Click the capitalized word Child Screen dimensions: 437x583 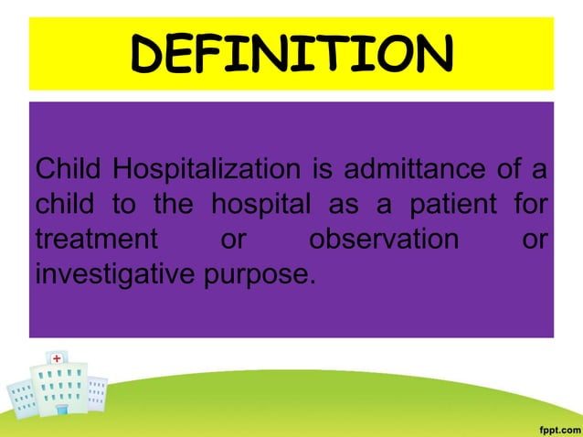pyautogui.click(x=67, y=170)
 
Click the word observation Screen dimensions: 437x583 pyautogui.click(x=383, y=240)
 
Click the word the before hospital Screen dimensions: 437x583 pyautogui.click(x=173, y=205)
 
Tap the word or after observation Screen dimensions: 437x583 pyautogui.click(x=534, y=240)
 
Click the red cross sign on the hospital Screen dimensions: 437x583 pyautogui.click(x=57, y=358)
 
